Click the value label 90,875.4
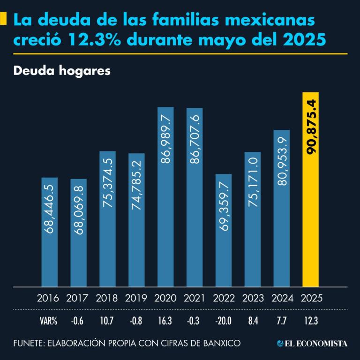311,127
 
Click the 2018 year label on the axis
107,298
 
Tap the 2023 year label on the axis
253,298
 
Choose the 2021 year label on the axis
194,298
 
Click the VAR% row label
48,322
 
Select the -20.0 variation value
223,322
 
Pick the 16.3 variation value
165,322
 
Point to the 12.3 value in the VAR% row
311,322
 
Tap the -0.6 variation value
78,322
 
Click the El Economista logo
312,344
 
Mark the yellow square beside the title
3,19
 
